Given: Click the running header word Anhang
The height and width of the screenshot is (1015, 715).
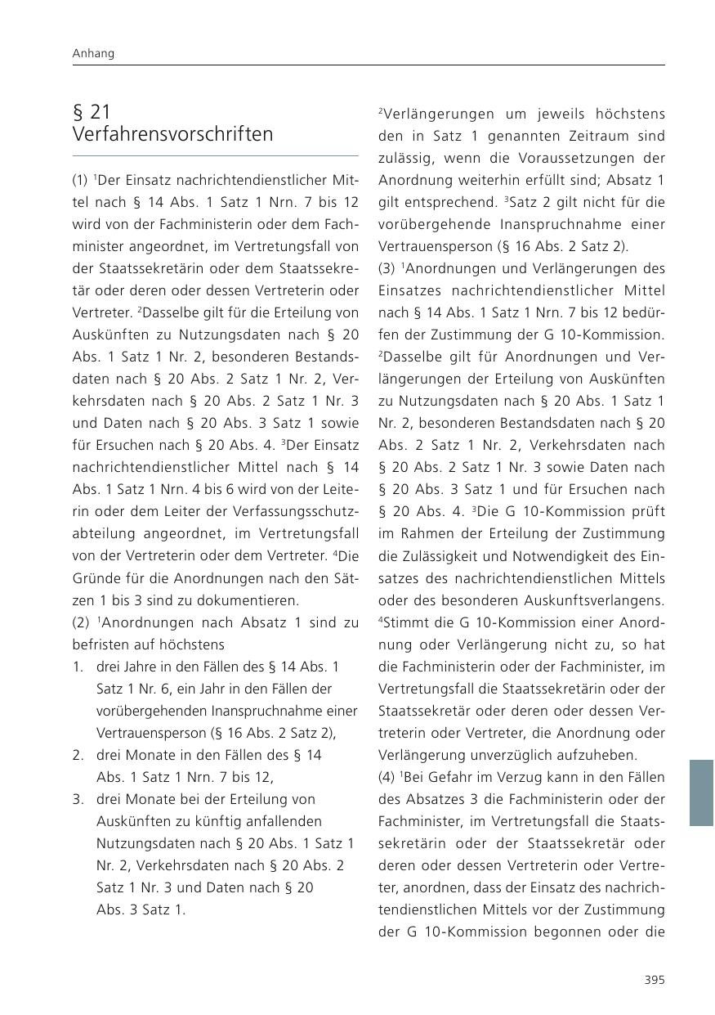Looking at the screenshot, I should pyautogui.click(x=93, y=53).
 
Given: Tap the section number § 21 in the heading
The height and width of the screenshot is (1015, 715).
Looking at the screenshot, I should pyautogui.click(x=92, y=112).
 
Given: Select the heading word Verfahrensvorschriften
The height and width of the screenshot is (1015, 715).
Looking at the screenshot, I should pyautogui.click(x=173, y=134).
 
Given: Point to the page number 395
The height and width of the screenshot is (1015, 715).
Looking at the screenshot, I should pyautogui.click(x=654, y=980).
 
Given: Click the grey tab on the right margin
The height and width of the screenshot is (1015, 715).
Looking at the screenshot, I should pyautogui.click(x=701, y=793).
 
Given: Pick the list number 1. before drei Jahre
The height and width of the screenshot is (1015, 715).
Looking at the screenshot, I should pyautogui.click(x=78, y=667).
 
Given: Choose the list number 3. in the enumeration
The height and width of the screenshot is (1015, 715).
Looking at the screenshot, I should pyautogui.click(x=78, y=799).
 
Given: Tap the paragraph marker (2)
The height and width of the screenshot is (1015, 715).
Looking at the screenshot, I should pyautogui.click(x=82, y=622).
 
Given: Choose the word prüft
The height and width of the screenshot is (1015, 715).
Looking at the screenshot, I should pyautogui.click(x=648, y=512).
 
